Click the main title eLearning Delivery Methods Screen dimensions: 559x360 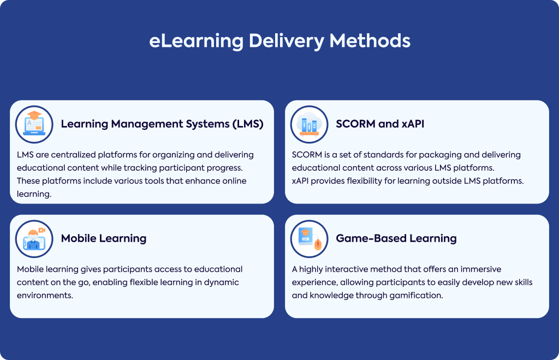(280, 41)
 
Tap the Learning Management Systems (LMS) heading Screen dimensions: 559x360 (162, 124)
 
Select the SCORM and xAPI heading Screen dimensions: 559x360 (380, 124)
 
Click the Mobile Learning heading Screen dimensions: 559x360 (104, 238)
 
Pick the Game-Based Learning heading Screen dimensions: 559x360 (396, 238)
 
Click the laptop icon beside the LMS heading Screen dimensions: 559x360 (34, 124)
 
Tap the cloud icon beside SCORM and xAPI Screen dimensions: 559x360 (309, 124)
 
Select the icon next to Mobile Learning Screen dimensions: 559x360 (34, 238)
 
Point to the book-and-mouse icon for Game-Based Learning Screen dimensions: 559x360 (309, 238)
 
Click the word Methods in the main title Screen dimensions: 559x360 (370, 40)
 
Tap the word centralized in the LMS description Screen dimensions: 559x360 (74, 155)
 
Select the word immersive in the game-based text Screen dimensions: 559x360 (480, 269)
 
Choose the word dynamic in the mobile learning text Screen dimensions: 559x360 (222, 283)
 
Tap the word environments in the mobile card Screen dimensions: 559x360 (45, 296)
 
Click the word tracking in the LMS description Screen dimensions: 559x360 (140, 168)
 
